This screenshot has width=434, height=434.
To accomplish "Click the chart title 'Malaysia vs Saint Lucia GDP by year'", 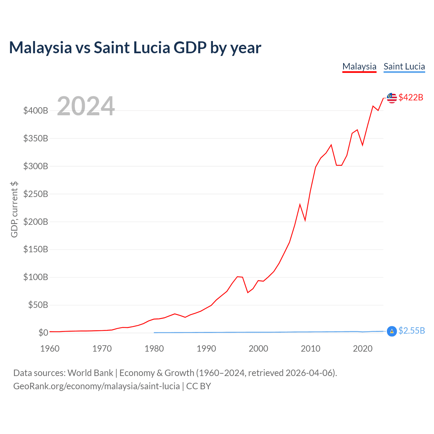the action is (135, 47).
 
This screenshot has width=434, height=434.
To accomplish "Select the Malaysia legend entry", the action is (359, 67).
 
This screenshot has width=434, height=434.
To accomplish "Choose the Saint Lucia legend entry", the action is (404, 67).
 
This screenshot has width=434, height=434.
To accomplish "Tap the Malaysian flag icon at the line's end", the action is (392, 98).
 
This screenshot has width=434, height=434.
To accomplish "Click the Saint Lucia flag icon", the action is (392, 331).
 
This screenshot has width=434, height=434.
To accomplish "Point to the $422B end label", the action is (411, 97).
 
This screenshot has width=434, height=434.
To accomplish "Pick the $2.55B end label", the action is (412, 331).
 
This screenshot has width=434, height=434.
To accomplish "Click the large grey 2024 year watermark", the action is (86, 106).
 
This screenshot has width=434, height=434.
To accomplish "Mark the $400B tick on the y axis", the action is (36, 111).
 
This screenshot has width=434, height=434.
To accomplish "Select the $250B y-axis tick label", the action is (36, 194).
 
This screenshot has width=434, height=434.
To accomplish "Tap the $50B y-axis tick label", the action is (38, 305).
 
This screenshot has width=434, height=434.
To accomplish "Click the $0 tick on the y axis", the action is (43, 333).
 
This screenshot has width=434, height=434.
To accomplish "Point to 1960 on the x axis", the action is (50, 349).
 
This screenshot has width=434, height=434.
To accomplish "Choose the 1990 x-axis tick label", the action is (206, 349).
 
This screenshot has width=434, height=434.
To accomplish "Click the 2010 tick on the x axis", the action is (311, 349).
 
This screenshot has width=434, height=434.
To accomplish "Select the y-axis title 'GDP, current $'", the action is (14, 210).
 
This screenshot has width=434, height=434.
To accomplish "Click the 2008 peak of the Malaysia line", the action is (300, 204).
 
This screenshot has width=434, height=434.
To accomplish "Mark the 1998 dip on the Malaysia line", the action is (248, 292).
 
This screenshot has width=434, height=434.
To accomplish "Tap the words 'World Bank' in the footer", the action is (90, 373).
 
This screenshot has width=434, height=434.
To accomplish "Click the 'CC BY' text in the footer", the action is (199, 386).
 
